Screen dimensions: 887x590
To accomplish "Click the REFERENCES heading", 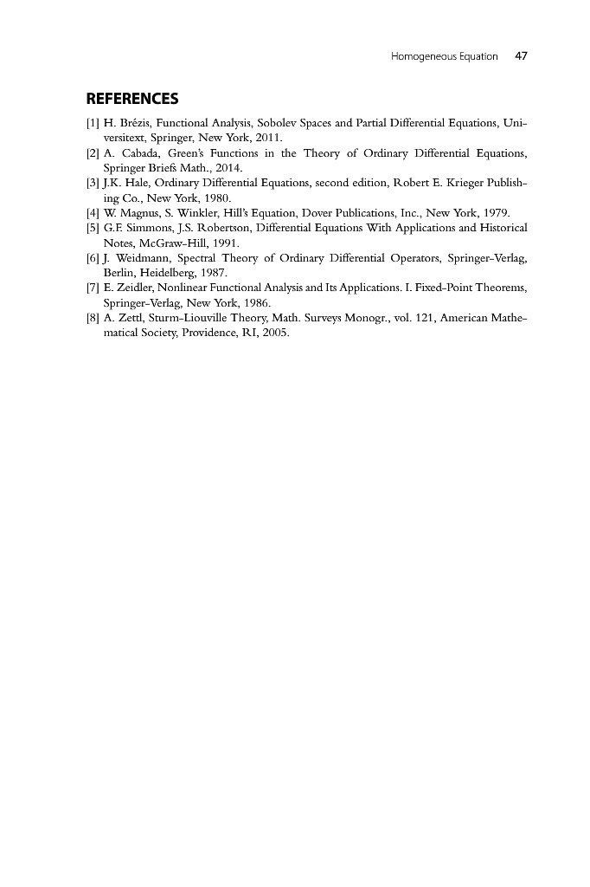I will tap(132, 97).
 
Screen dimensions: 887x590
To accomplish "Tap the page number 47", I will tap(521, 56).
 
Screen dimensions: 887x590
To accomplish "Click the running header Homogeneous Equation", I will tap(444, 56).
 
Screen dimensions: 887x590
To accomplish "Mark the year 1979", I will tap(494, 213).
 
